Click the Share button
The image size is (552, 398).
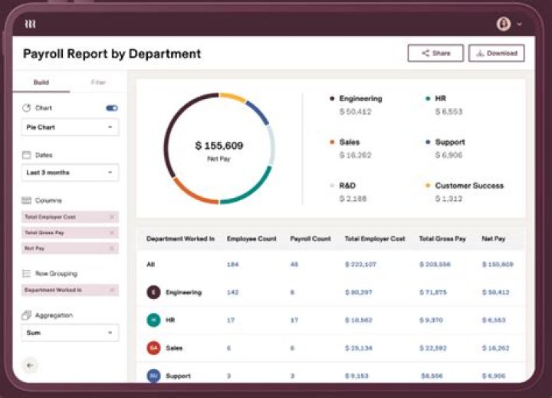(x=435, y=54)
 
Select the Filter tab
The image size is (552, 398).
(x=98, y=82)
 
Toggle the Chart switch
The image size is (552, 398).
(x=112, y=108)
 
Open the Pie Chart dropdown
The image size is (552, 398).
(x=69, y=127)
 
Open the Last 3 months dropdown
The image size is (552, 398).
(x=69, y=173)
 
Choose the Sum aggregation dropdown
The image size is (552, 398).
(x=69, y=333)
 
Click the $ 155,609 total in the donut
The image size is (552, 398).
(x=219, y=146)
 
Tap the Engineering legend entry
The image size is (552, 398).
(x=360, y=99)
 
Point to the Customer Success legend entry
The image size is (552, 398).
(x=468, y=186)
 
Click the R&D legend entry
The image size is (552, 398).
(x=347, y=186)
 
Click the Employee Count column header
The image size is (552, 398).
(x=251, y=238)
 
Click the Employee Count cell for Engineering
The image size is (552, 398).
(x=232, y=292)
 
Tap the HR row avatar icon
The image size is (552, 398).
(x=153, y=320)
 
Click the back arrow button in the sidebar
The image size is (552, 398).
(x=30, y=365)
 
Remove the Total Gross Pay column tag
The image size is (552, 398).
(x=111, y=232)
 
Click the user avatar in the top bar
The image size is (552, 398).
(x=504, y=25)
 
